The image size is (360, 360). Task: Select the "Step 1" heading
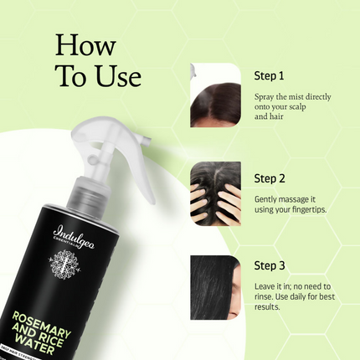270,75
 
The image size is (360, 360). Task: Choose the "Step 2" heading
270,178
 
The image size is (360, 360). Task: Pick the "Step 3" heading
270,266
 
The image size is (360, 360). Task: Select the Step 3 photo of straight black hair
216,283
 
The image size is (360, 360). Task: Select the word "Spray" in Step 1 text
265,96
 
